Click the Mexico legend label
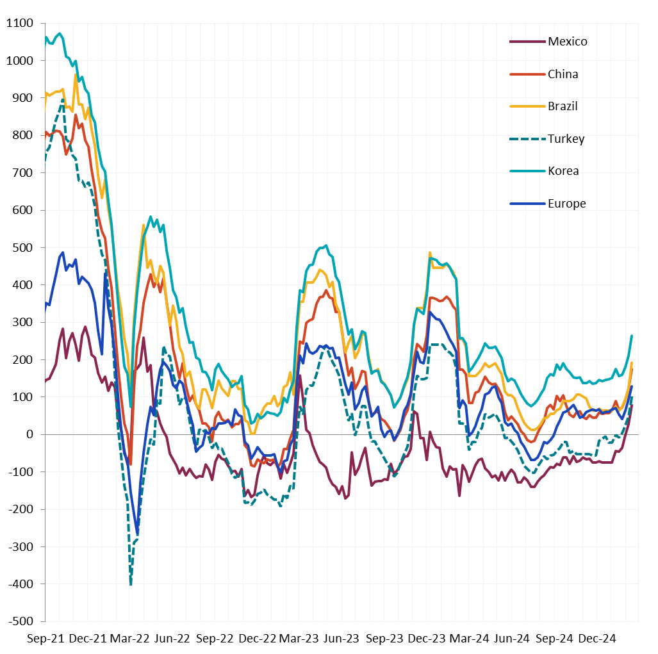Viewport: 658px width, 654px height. tap(567, 42)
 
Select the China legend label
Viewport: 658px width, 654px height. tap(563, 74)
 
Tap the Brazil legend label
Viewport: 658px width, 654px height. tap(563, 106)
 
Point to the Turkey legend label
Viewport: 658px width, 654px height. tap(566, 139)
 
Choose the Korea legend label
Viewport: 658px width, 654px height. tap(563, 171)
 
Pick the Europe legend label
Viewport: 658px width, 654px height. tap(566, 204)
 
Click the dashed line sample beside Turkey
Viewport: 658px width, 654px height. tap(526, 139)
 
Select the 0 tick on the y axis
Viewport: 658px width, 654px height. tap(30, 434)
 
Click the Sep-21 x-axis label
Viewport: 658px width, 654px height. tap(45, 639)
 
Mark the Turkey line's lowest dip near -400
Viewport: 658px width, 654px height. tap(131, 584)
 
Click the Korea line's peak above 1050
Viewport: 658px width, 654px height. tap(60, 33)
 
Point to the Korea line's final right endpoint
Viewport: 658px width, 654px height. tap(632, 336)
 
